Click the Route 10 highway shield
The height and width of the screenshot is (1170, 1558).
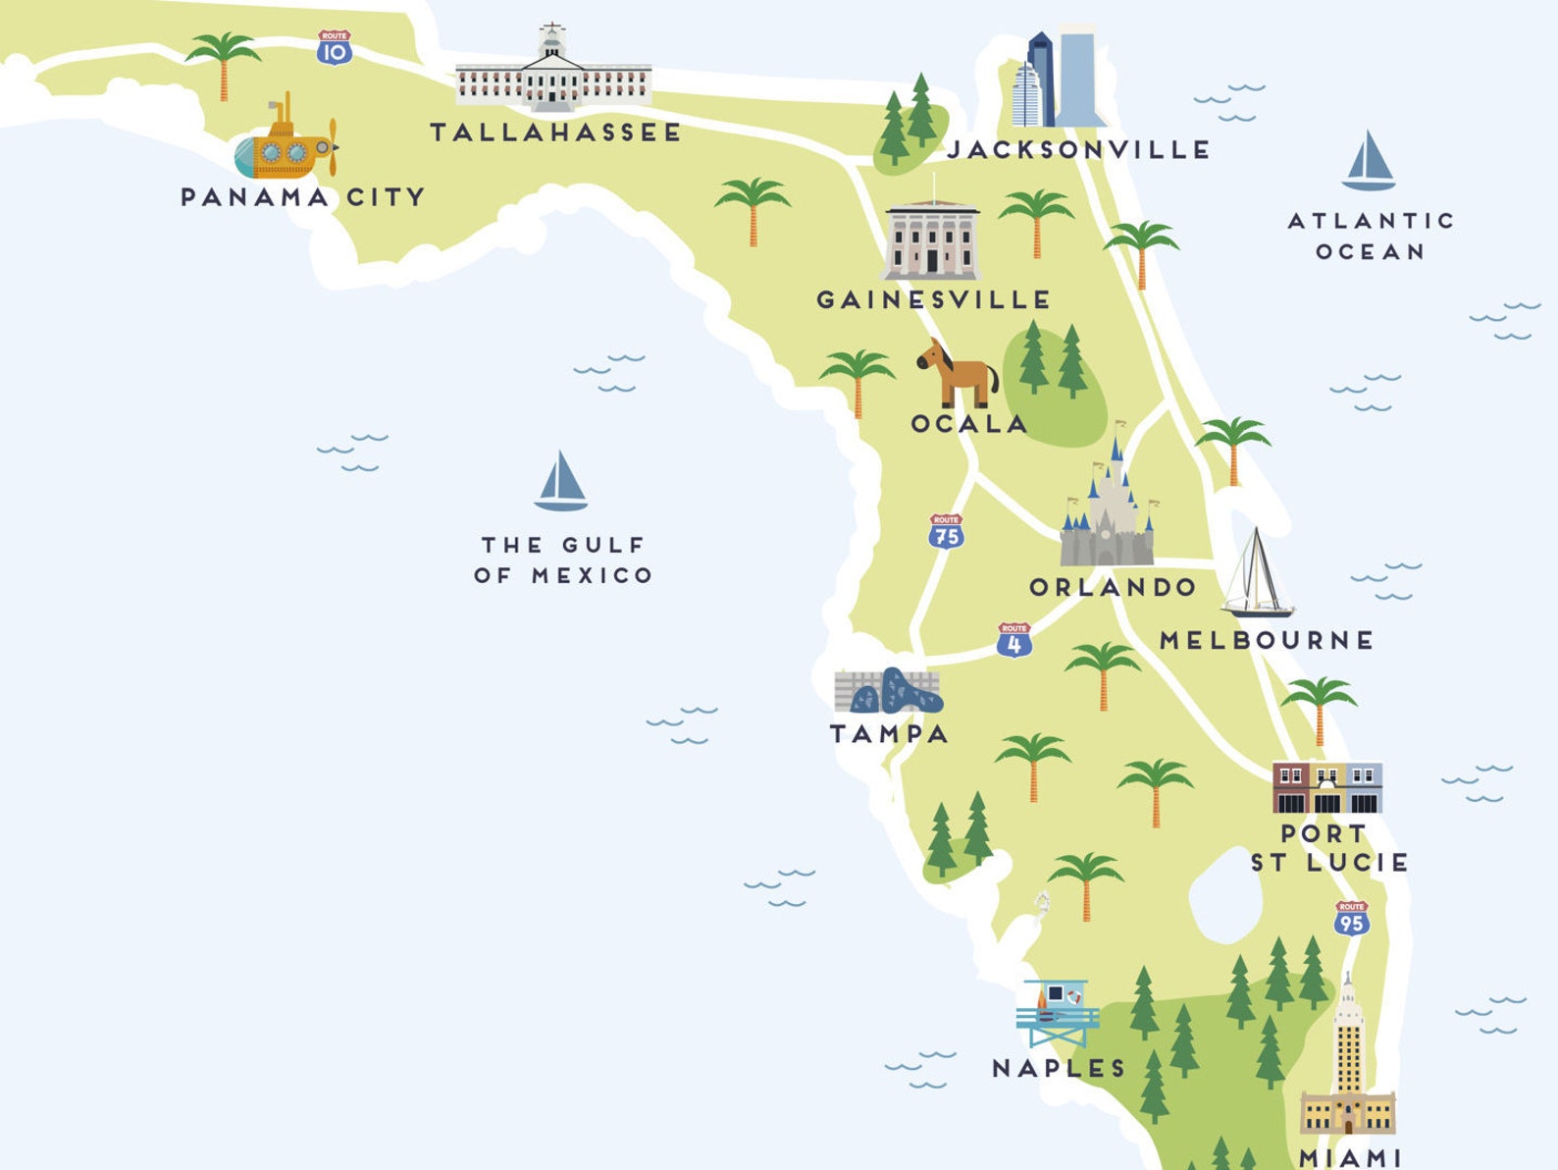point(335,48)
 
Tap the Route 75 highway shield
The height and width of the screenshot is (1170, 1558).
point(946,531)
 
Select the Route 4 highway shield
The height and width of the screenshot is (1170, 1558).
point(1013,640)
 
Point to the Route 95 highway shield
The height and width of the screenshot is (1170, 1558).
point(1351,919)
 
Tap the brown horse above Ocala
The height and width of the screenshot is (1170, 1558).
point(958,374)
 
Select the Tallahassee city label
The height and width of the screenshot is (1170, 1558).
point(555,133)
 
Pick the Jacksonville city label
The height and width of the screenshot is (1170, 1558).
point(1078,150)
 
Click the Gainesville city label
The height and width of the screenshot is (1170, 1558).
point(934,299)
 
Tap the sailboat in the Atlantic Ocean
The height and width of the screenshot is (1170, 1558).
point(1368,162)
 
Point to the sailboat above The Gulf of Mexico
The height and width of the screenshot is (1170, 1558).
point(560,482)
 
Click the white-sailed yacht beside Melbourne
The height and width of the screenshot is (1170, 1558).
point(1257,576)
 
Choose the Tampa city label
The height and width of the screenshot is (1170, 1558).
point(889,733)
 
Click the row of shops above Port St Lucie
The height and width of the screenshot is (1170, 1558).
point(1326,787)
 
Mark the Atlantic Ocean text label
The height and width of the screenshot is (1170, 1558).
point(1370,236)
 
